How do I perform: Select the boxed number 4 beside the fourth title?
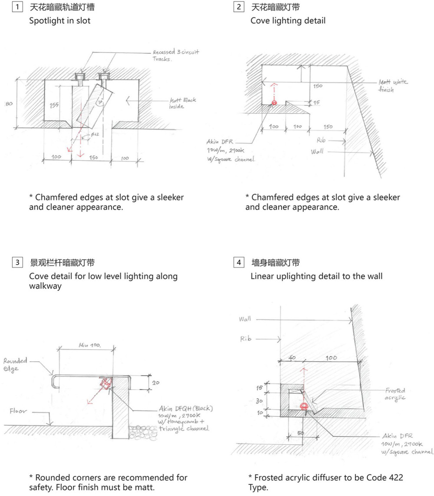(x=238, y=263)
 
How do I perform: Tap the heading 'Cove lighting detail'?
(x=288, y=20)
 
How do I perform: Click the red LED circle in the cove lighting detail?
(x=274, y=103)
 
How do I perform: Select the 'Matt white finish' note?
(x=393, y=86)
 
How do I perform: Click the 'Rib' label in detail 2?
(x=321, y=141)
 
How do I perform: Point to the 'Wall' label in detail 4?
(x=245, y=319)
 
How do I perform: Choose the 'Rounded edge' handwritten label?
(x=15, y=364)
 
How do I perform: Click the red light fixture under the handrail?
(x=105, y=383)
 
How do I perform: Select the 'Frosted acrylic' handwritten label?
(x=395, y=394)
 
